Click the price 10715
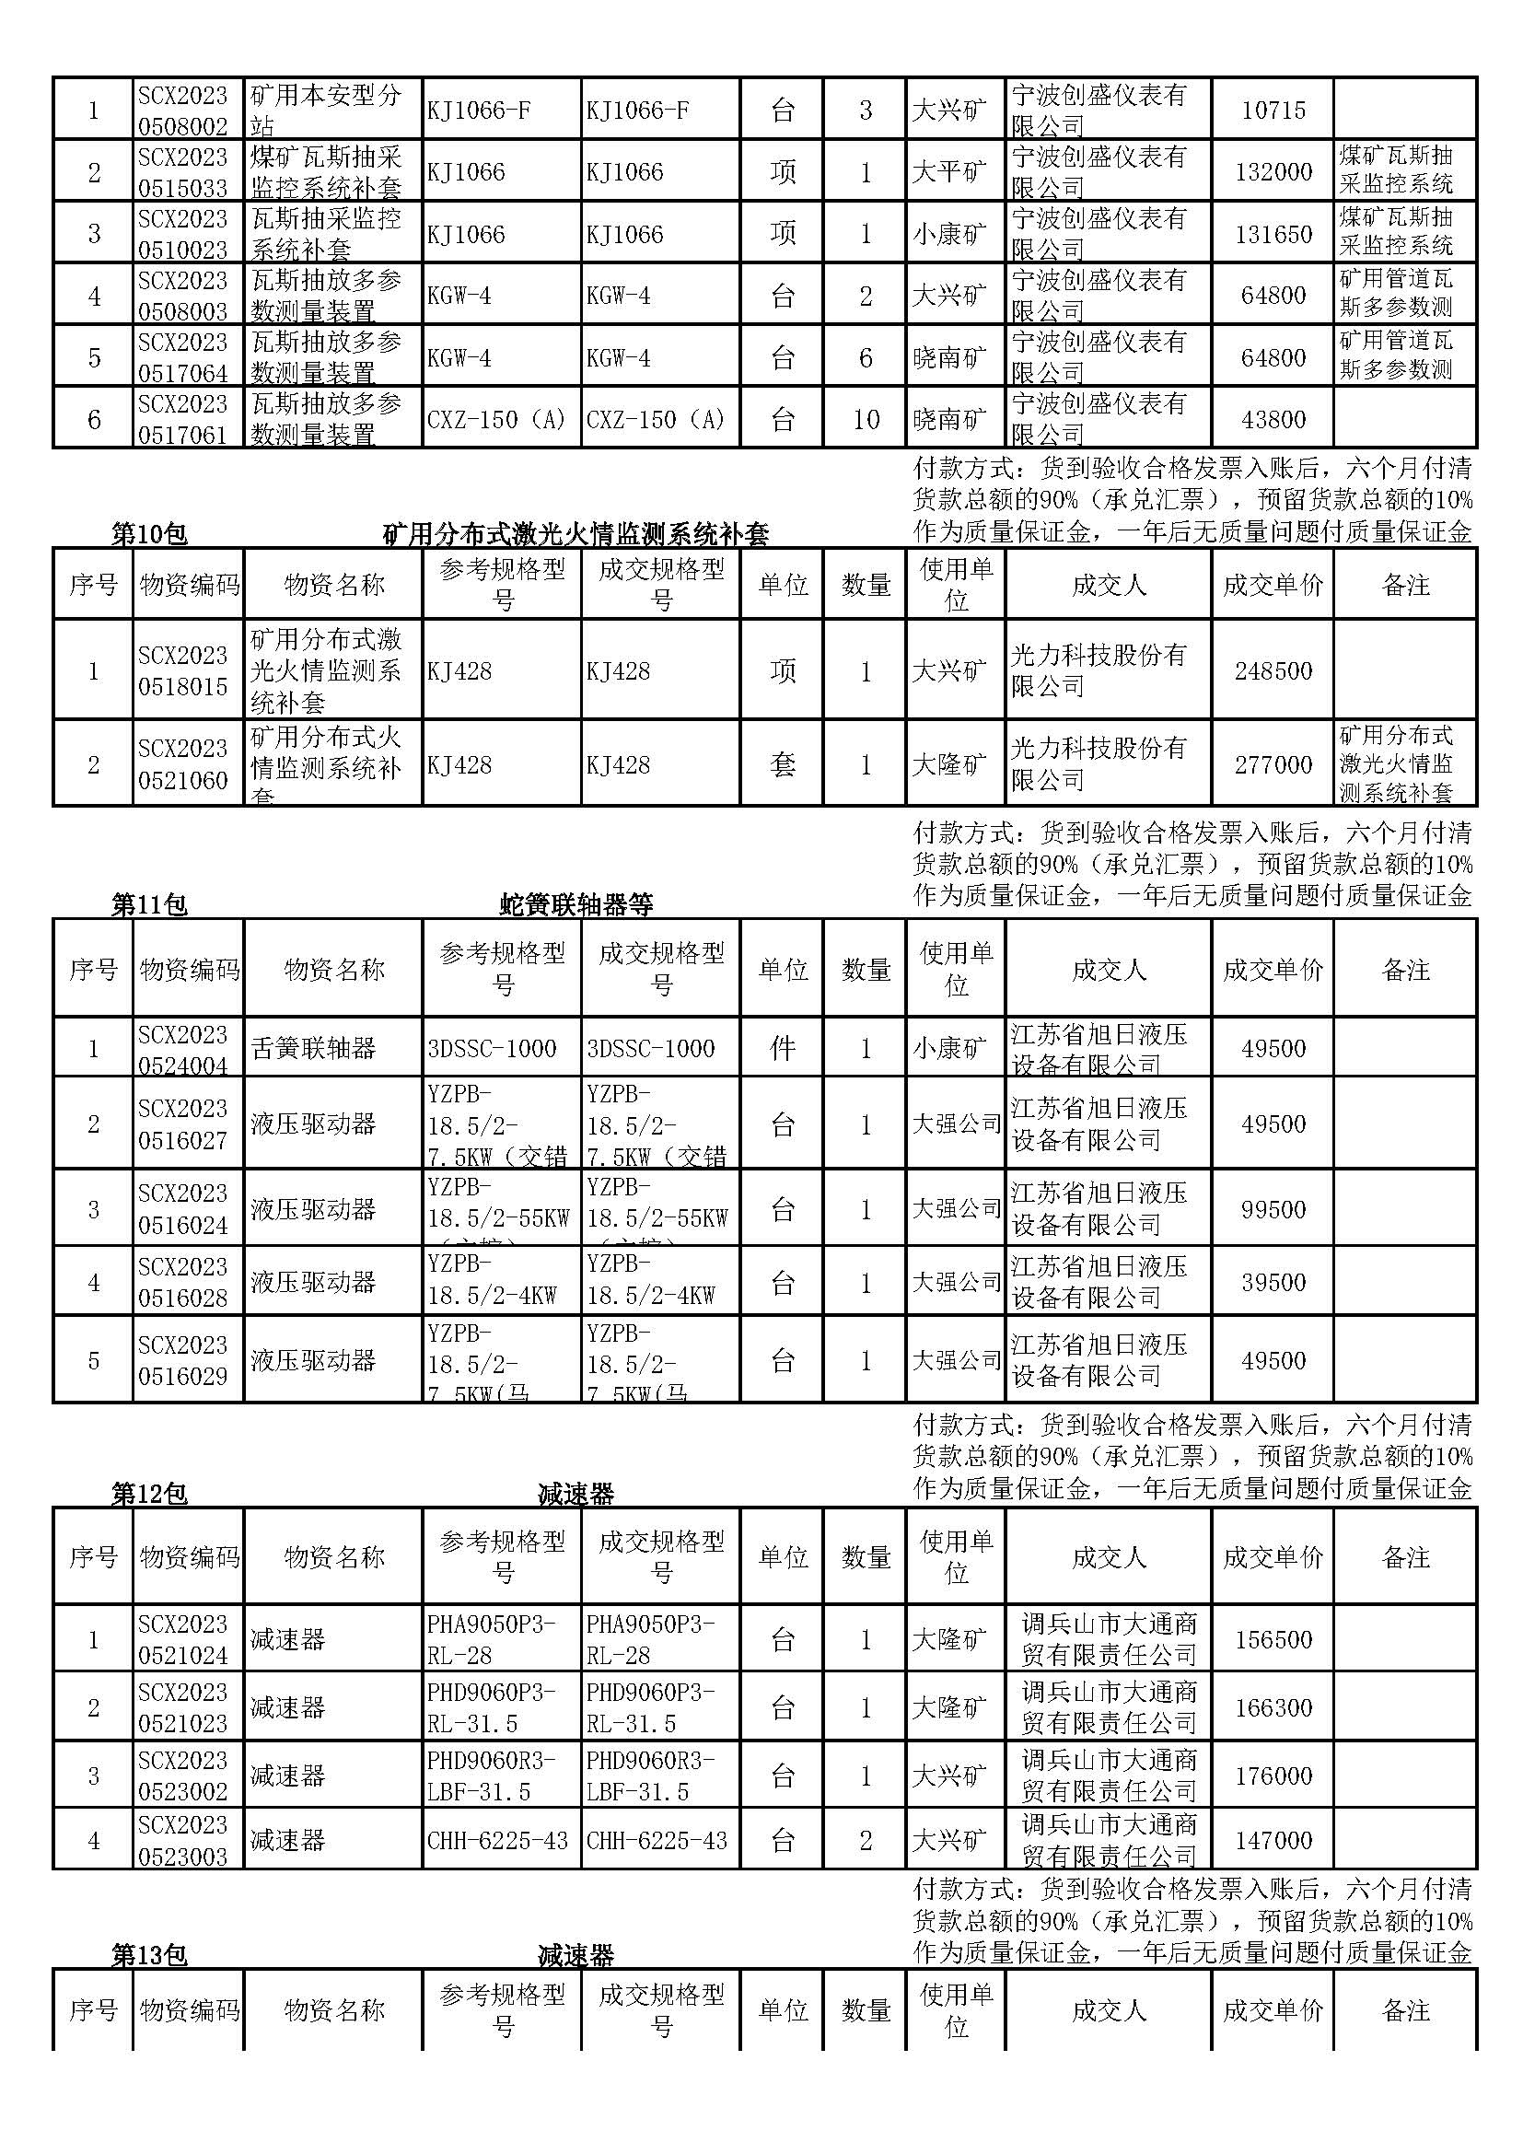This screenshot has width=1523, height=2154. tap(1273, 110)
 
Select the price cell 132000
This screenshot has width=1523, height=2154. tap(1273, 171)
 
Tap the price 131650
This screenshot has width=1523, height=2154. tap(1273, 234)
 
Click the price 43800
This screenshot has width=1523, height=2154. tap(1273, 419)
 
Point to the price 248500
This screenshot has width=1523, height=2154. tap(1273, 670)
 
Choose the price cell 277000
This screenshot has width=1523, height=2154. tap(1273, 764)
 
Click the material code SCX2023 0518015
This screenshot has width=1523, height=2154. tap(183, 670)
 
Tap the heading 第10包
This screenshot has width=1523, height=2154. tap(149, 535)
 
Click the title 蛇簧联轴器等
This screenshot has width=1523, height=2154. tap(575, 904)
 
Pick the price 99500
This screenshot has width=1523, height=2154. tap(1273, 1209)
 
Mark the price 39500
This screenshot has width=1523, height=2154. tap(1273, 1283)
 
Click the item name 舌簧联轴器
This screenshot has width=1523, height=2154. tap(313, 1048)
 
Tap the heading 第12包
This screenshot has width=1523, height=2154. tap(149, 1494)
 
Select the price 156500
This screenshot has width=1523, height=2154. tap(1273, 1640)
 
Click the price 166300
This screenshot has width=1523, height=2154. tap(1273, 1707)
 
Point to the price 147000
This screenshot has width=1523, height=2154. tap(1273, 1841)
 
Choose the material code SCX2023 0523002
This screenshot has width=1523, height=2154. tap(183, 1776)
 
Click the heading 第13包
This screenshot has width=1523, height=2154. tap(149, 1955)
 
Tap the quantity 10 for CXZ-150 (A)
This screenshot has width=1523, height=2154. tap(866, 419)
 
